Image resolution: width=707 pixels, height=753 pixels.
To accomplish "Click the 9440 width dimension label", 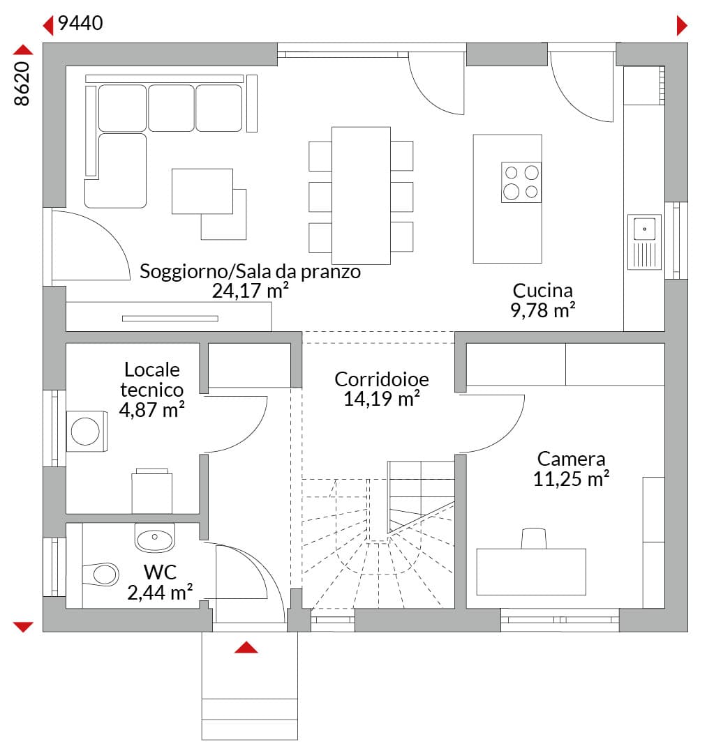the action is [80, 23].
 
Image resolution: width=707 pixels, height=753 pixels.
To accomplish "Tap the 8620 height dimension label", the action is [22, 83].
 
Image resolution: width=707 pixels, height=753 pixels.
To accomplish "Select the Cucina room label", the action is [542, 291].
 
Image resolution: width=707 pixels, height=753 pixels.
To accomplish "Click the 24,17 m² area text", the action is [251, 291].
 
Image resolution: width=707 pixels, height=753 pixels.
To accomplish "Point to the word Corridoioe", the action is [382, 379].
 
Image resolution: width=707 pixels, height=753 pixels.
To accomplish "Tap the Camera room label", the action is [571, 459].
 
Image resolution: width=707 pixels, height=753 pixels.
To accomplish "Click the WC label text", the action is [160, 572].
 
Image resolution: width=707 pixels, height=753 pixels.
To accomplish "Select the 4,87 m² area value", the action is [152, 410].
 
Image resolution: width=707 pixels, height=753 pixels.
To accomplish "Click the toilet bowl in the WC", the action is [101, 574].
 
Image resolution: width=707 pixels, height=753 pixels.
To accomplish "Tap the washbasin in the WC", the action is [155, 538].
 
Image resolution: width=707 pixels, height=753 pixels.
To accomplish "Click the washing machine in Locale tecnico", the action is [87, 431].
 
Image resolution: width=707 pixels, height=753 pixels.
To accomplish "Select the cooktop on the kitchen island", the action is [521, 182].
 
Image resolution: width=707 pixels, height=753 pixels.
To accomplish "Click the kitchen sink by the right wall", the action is [644, 241].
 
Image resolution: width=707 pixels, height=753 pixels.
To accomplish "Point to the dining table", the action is [361, 195].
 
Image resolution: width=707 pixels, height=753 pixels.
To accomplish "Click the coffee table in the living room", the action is [202, 191].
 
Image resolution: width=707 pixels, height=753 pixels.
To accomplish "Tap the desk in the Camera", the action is [531, 572].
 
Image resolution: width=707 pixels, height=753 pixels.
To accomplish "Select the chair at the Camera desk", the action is [534, 538].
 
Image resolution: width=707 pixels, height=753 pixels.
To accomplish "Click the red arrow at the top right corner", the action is [682, 26].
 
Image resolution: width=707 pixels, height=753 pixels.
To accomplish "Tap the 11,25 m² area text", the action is [571, 479].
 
